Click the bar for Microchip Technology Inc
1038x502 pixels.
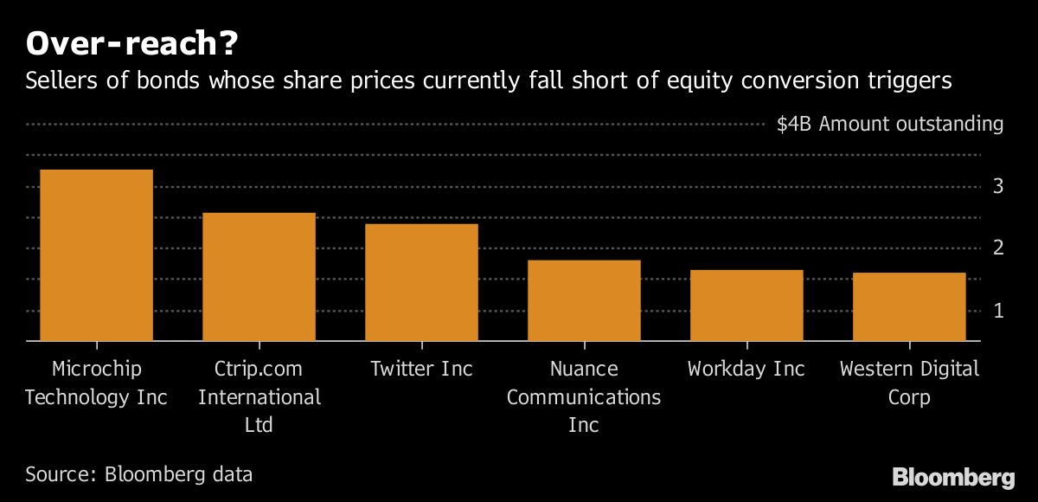pyautogui.click(x=97, y=255)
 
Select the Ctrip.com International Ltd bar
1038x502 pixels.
pyautogui.click(x=259, y=277)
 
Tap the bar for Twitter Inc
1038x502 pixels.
pyautogui.click(x=421, y=282)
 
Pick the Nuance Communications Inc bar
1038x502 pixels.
pyautogui.click(x=584, y=300)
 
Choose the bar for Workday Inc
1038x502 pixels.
pyautogui.click(x=746, y=306)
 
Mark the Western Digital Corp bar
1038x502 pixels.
pyautogui.click(x=909, y=306)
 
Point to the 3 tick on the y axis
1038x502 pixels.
pyautogui.click(x=997, y=186)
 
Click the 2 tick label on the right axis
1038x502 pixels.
pyautogui.click(x=997, y=248)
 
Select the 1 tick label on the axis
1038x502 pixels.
pyautogui.click(x=997, y=311)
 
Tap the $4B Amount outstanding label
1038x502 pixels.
pyautogui.click(x=889, y=124)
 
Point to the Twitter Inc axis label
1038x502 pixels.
pyautogui.click(x=421, y=369)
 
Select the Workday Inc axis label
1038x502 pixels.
pyautogui.click(x=746, y=369)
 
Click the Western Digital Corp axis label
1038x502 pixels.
pyautogui.click(x=909, y=383)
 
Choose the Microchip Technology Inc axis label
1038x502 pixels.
pyautogui.click(x=97, y=383)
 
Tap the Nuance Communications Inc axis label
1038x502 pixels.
pyautogui.click(x=584, y=396)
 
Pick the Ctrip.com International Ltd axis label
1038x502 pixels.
pyautogui.click(x=259, y=396)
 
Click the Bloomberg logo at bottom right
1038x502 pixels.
pyautogui.click(x=953, y=477)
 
